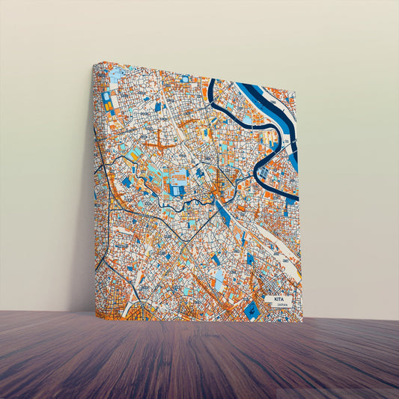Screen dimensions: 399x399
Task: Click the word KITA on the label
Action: pyautogui.click(x=278, y=298)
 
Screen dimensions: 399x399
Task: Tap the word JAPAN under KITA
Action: pyautogui.click(x=278, y=304)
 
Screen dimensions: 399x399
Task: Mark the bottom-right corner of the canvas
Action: pyautogui.click(x=302, y=322)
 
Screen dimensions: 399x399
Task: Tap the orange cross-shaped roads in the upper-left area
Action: pyautogui.click(x=157, y=139)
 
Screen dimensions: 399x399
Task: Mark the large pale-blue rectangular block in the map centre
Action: pyautogui.click(x=179, y=178)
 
